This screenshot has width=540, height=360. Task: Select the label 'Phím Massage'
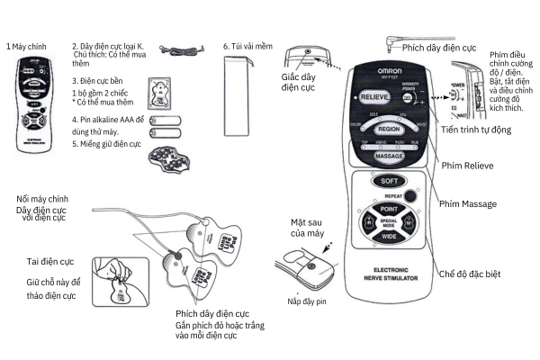tap(465, 204)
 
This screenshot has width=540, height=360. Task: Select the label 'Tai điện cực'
tap(49, 261)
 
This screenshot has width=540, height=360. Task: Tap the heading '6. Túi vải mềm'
tap(248, 43)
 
